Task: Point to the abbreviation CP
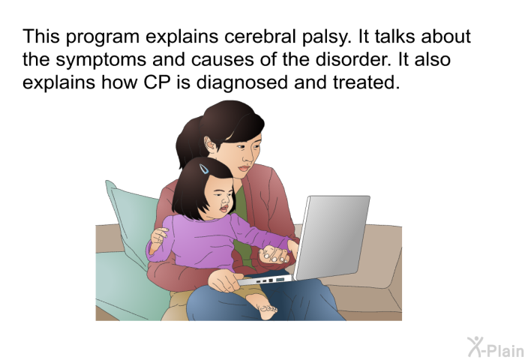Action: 157,82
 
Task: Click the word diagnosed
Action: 241,83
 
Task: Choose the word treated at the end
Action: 367,82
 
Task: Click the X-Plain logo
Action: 496,347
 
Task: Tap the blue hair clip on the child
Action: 204,169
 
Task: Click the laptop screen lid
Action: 331,236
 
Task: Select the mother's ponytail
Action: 187,141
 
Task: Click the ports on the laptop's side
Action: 270,280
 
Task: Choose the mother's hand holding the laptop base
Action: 225,280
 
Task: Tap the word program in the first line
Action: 102,37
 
